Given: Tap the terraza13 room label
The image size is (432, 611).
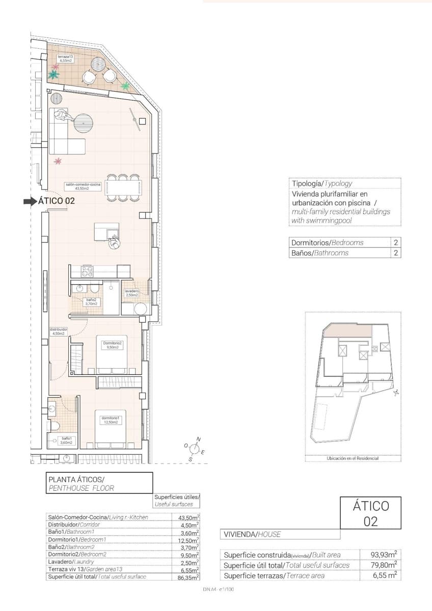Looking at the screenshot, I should pyautogui.click(x=64, y=58).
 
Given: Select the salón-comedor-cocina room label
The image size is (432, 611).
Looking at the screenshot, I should pyautogui.click(x=83, y=186).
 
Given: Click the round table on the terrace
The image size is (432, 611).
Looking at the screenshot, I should pyautogui.click(x=98, y=64).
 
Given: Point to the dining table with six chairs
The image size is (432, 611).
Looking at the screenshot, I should pyautogui.click(x=123, y=187).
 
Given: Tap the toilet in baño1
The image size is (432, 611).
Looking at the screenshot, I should pyautogui.click(x=55, y=425).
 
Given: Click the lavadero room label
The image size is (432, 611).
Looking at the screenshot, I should pyautogui.click(x=131, y=293).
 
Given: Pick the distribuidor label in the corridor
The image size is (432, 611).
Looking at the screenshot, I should pyautogui.click(x=59, y=332).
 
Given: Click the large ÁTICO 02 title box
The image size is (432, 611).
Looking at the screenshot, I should pyautogui.click(x=370, y=513).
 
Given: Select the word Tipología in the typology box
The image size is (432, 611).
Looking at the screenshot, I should pyautogui.click(x=307, y=183).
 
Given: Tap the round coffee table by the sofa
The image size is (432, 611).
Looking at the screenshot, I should pyautogui.click(x=84, y=122).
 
